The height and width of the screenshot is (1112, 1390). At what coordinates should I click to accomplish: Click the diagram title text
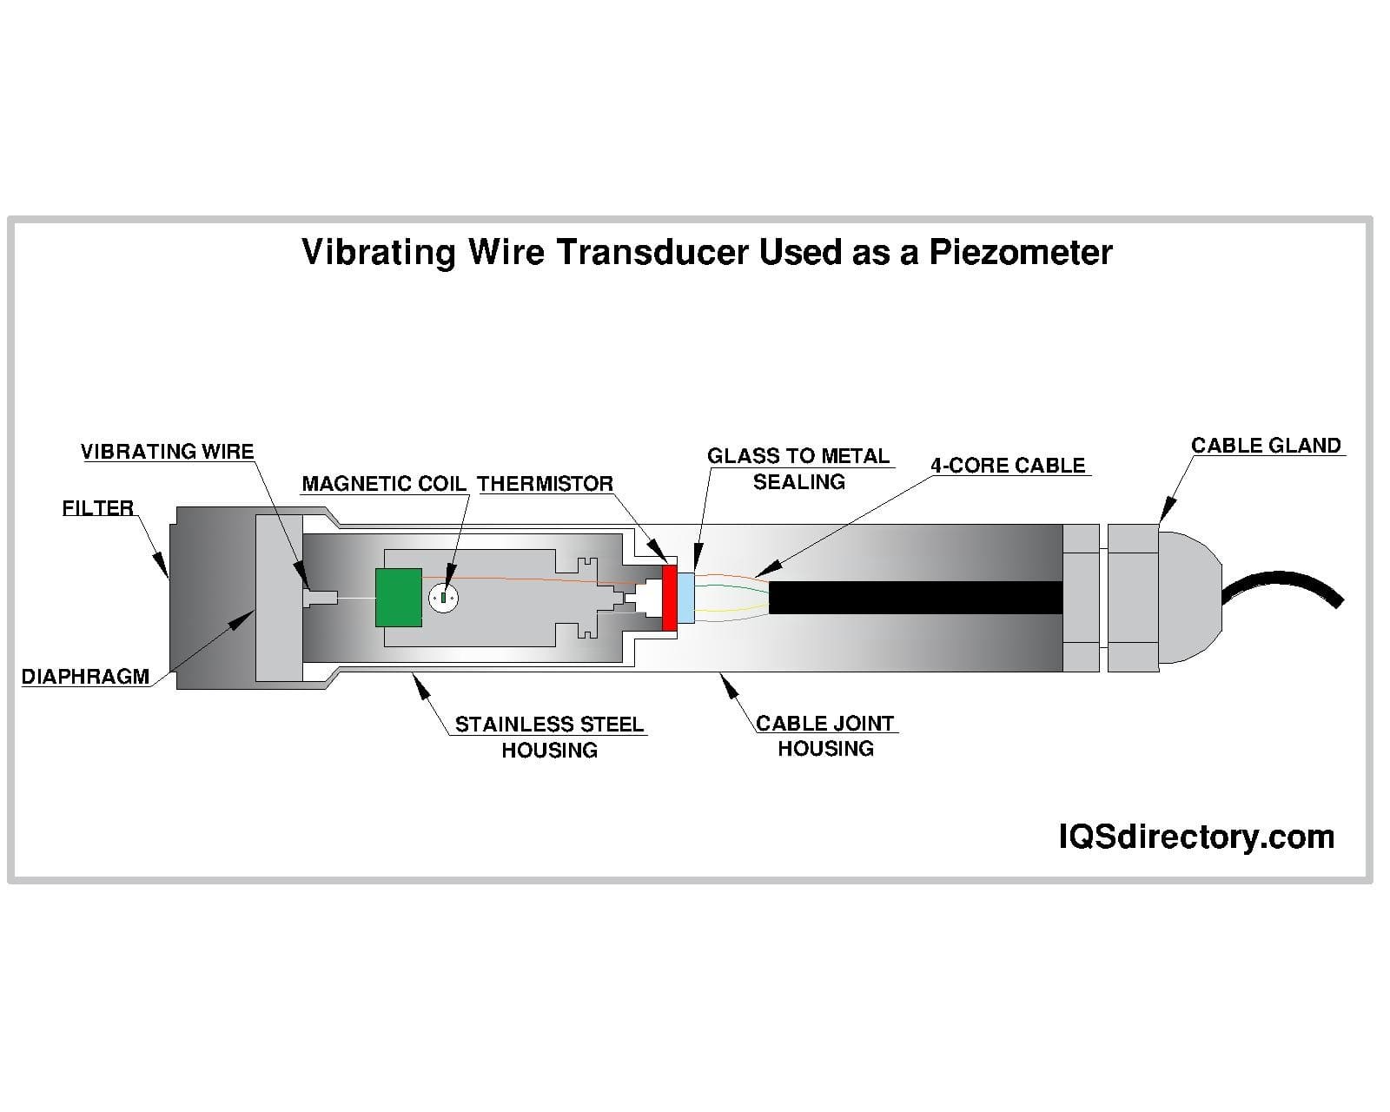[x=706, y=252]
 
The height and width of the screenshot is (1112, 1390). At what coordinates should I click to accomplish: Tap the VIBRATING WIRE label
[x=167, y=452]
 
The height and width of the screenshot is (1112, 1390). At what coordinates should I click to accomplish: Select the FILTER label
[x=97, y=508]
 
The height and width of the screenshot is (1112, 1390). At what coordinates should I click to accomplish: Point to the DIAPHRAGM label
[x=85, y=677]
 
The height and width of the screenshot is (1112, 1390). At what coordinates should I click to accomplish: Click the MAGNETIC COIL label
[x=384, y=484]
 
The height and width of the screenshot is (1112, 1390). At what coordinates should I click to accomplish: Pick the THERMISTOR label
[x=545, y=484]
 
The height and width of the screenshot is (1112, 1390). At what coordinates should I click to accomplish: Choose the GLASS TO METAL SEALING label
[x=798, y=468]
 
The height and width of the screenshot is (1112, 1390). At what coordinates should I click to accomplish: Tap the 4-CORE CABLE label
[x=1008, y=466]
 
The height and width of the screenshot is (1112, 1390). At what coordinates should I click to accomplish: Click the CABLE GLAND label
[x=1266, y=446]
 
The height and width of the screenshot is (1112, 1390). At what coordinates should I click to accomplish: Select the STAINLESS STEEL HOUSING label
[x=549, y=737]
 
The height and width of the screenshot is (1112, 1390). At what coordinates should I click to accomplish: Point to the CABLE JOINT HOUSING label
[x=825, y=736]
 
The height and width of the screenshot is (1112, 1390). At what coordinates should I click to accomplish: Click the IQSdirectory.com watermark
[x=1196, y=837]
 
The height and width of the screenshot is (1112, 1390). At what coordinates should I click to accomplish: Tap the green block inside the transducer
[x=399, y=598]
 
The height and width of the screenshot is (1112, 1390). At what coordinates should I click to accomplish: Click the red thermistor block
[x=669, y=598]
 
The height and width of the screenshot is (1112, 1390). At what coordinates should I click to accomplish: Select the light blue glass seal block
[x=686, y=598]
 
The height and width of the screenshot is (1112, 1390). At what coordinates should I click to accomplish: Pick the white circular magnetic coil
[x=443, y=598]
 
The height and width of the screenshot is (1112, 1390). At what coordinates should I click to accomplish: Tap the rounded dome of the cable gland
[x=1190, y=598]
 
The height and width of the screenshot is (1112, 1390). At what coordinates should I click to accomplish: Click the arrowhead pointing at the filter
[x=162, y=566]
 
